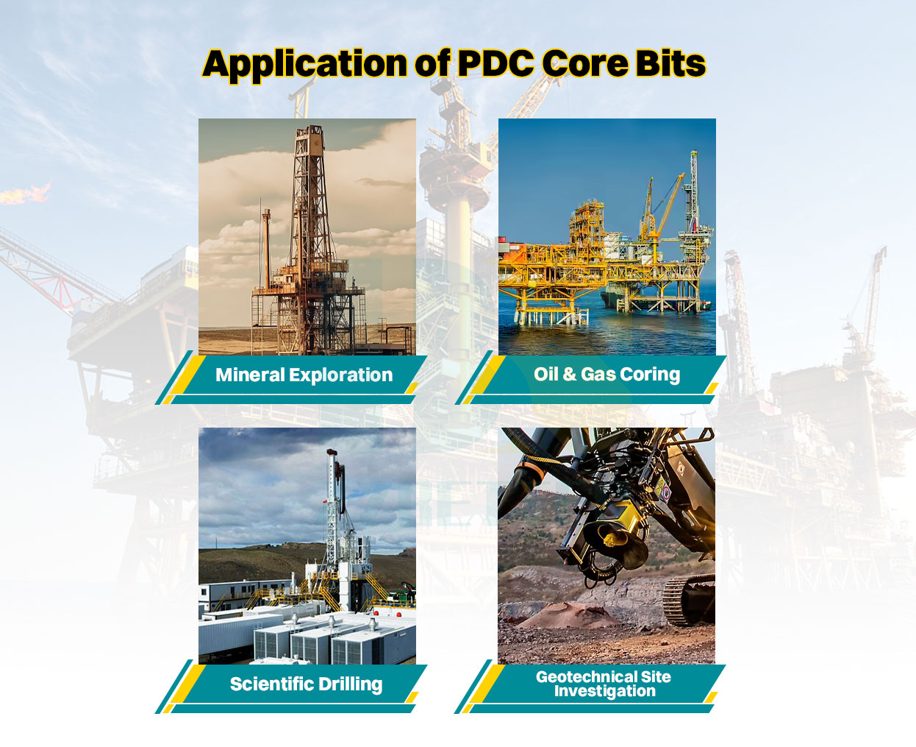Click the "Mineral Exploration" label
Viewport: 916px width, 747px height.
pyautogui.click(x=304, y=375)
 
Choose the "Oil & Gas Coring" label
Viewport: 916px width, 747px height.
pyautogui.click(x=607, y=375)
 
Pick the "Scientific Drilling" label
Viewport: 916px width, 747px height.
pyautogui.click(x=306, y=684)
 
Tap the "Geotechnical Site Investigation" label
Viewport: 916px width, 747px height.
pyautogui.click(x=604, y=684)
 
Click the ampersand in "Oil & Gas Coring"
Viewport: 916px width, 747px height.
pyautogui.click(x=569, y=375)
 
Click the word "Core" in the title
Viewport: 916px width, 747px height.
pyautogui.click(x=584, y=64)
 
